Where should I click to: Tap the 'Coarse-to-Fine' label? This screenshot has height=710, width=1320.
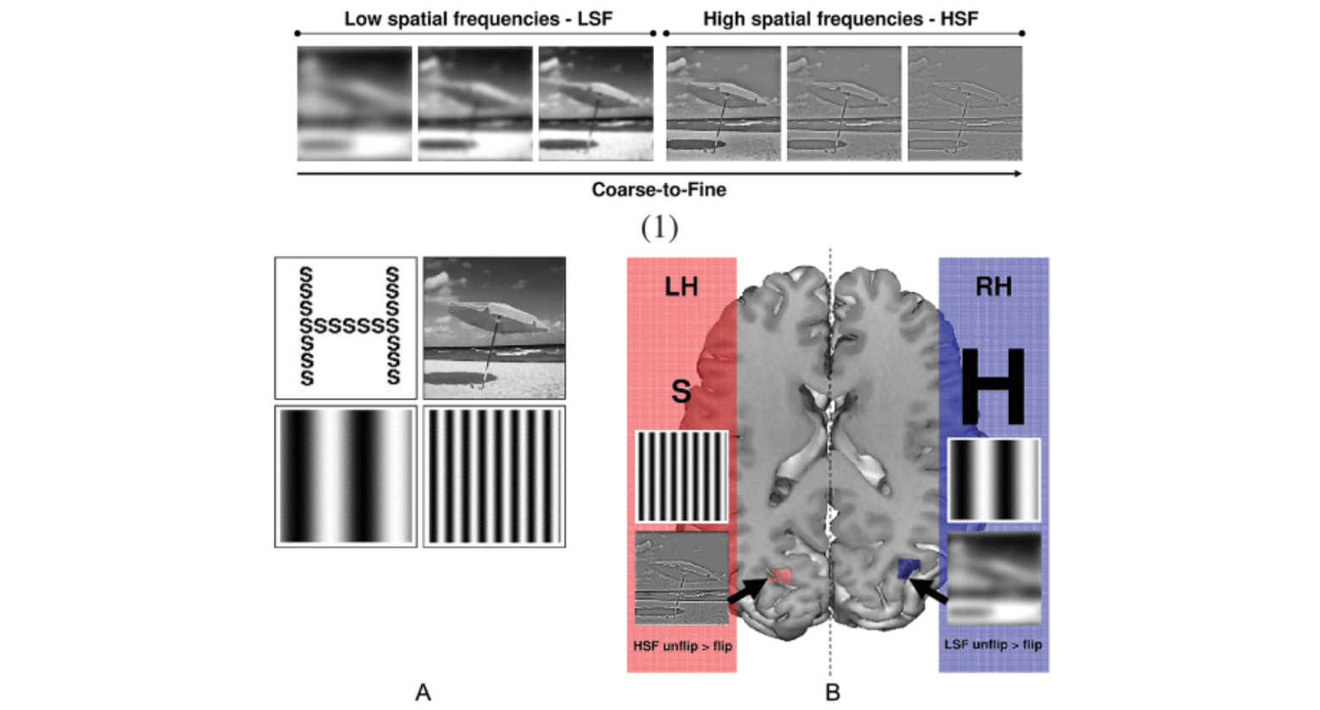tap(658, 190)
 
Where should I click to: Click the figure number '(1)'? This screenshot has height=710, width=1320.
tap(659, 226)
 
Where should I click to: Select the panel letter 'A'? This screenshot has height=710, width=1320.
tap(423, 692)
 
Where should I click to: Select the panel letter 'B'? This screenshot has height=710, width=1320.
tap(832, 692)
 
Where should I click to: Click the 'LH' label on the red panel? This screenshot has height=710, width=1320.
tap(680, 286)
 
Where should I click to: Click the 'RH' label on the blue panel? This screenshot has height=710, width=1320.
tap(993, 286)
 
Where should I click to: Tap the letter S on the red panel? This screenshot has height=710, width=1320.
tap(680, 391)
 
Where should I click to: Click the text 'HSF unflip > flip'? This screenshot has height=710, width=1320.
tap(682, 646)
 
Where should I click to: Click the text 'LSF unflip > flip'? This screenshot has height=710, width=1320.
tap(993, 645)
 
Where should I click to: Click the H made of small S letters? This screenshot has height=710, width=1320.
tap(347, 326)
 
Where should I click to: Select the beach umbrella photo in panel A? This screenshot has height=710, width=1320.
tap(494, 327)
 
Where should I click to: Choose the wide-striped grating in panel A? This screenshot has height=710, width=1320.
tap(346, 476)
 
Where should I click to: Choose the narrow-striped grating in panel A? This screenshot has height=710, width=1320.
tap(494, 476)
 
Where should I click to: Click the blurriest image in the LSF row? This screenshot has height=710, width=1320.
tap(354, 103)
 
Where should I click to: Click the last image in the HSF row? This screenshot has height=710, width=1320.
tap(964, 103)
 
